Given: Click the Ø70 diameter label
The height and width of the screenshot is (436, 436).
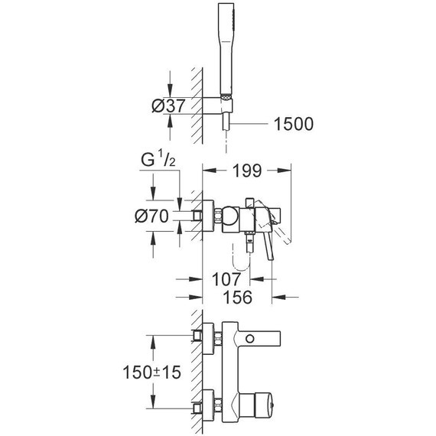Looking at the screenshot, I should tap(151, 216).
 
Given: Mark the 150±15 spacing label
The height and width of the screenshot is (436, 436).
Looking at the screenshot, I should tap(151, 374).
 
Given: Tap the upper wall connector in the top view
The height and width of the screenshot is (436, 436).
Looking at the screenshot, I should tap(208, 337).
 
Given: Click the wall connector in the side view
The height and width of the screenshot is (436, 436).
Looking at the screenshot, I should tap(208, 216).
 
